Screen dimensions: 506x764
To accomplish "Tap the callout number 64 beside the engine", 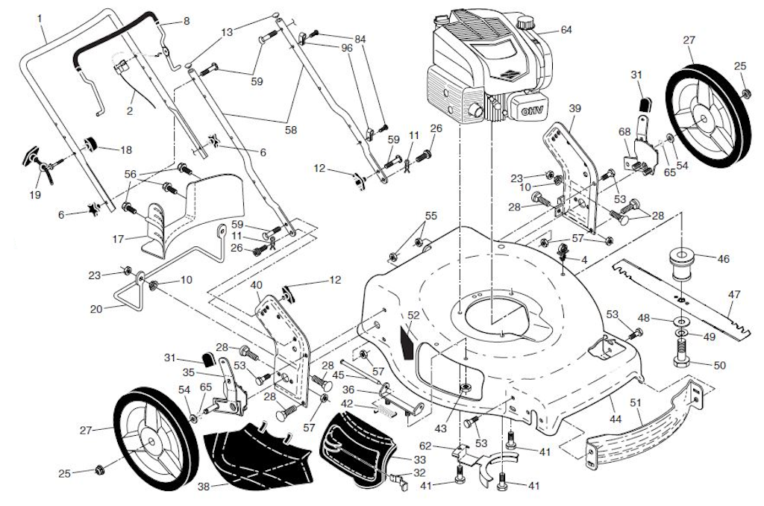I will point(566,30).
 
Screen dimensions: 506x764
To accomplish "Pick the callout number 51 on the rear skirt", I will point(636,402).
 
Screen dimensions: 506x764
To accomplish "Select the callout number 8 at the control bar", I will point(186,20).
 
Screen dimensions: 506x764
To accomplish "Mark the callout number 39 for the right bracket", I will point(574,108).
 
